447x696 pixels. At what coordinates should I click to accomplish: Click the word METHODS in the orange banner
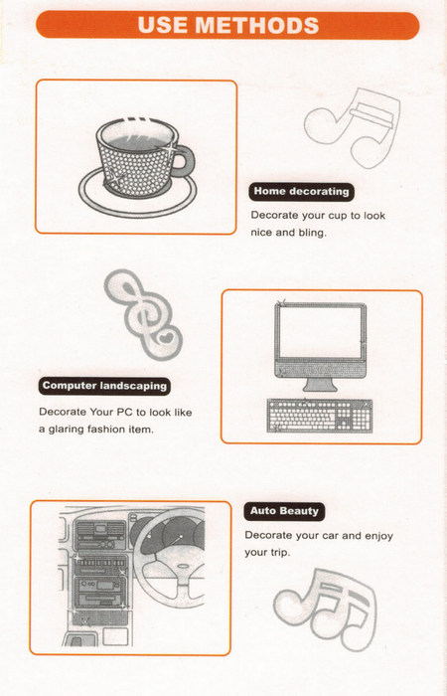257,25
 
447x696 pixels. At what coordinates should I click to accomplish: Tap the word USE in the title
162,25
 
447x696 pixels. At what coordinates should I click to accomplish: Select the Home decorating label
302,192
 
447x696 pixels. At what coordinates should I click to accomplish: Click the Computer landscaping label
104,386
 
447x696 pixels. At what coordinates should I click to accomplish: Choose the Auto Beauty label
284,511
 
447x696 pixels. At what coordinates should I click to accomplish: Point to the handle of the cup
187,159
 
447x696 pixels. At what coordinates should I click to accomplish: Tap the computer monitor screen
319,332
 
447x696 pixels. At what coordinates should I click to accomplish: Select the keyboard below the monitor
320,416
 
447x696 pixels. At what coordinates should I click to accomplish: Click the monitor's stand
320,385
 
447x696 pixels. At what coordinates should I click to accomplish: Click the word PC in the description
124,412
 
